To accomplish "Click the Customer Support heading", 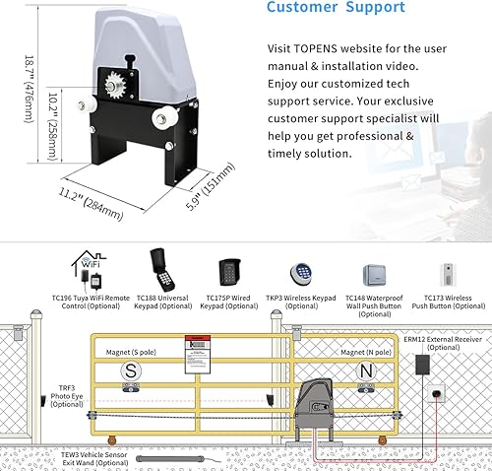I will tap(336, 8).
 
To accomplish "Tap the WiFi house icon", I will tap(88, 265).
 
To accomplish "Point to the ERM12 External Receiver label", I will tap(439, 342).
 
